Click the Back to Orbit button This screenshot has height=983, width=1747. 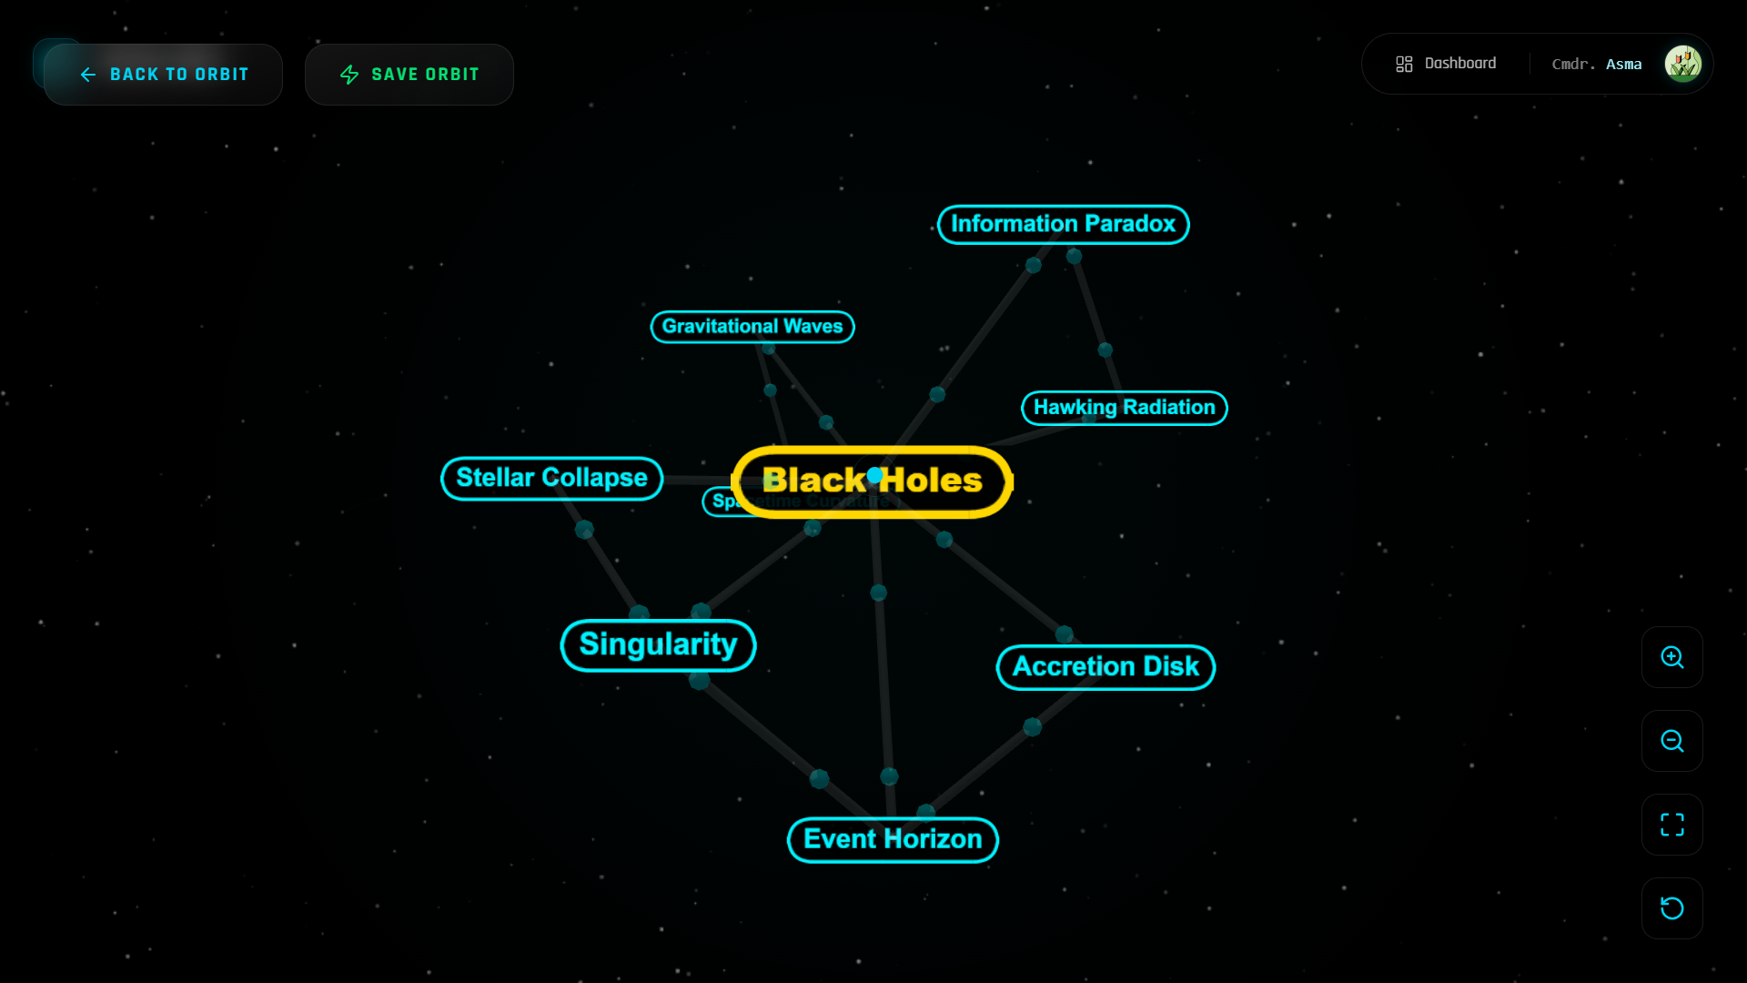[x=164, y=75]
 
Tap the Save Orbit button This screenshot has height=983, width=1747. [x=409, y=75]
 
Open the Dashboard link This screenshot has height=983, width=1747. [x=1447, y=64]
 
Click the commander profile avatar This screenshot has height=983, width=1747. [x=1682, y=64]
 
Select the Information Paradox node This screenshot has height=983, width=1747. [x=1063, y=224]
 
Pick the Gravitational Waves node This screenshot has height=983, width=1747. [x=752, y=327]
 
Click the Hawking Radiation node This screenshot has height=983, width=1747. [x=1124, y=408]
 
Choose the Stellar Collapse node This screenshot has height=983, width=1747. [x=551, y=478]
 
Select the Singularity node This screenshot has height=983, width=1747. [x=658, y=645]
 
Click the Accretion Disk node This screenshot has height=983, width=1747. [x=1106, y=667]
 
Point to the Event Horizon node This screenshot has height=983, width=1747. [x=893, y=839]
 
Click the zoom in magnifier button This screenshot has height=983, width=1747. [x=1671, y=657]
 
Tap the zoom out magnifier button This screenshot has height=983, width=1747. [x=1671, y=741]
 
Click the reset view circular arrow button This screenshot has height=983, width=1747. [x=1671, y=908]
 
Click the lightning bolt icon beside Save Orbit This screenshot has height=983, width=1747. [x=349, y=75]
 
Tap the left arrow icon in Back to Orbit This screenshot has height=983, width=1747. [x=88, y=75]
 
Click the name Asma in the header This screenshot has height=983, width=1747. [x=1623, y=65]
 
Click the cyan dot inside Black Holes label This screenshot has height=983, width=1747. [x=874, y=475]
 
